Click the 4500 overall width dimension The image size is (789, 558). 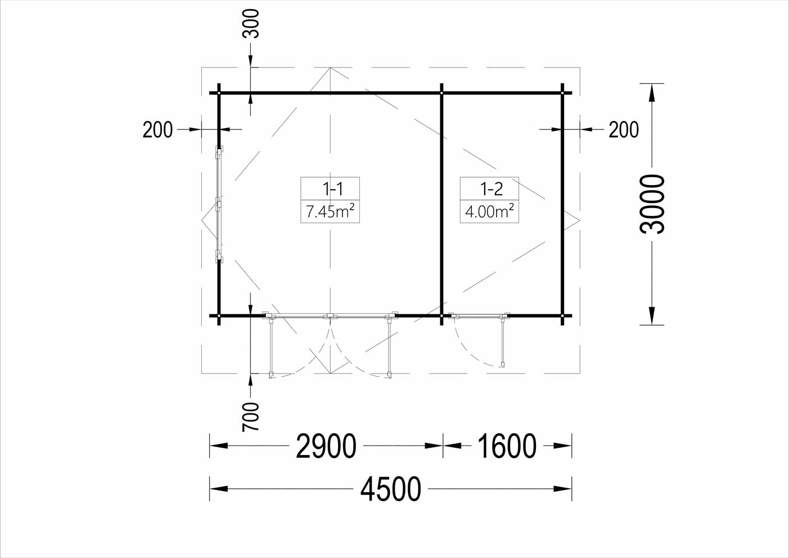tap(391, 489)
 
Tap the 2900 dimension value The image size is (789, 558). tap(326, 446)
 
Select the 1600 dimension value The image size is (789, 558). tap(507, 446)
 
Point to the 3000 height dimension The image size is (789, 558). tap(652, 204)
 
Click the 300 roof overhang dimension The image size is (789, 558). tap(251, 24)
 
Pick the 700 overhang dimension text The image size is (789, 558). tap(251, 417)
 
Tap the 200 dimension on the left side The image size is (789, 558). tap(157, 129)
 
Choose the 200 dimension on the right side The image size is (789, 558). tap(624, 129)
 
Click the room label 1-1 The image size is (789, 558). tap(332, 189)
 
